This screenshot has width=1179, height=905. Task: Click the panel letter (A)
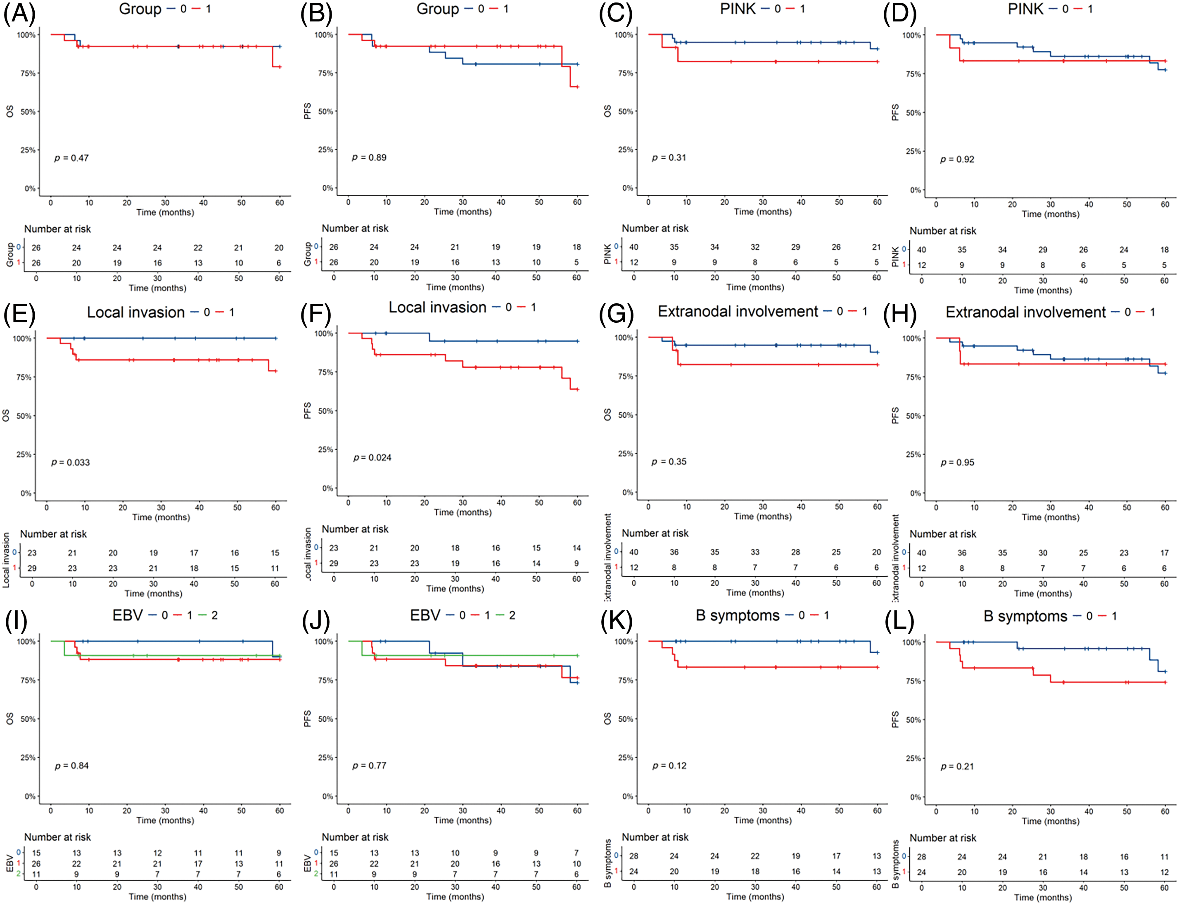point(19,14)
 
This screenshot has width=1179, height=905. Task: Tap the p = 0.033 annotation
point(71,463)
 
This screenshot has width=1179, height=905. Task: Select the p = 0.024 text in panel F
point(372,458)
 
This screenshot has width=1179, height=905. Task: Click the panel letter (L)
point(899,621)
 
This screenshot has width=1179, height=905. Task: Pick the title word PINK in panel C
point(738,9)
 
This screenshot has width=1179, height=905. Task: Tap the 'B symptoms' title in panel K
point(737,615)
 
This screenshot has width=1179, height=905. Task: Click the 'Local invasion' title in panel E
point(135,312)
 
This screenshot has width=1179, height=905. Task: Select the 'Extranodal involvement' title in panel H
point(1025,312)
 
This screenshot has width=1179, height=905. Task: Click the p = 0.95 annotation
point(957,463)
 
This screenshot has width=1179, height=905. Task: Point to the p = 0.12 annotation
point(669,766)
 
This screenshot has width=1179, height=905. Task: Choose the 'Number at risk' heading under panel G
point(655,533)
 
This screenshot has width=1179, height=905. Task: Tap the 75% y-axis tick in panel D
point(913,74)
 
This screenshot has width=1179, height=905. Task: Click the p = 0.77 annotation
point(369,766)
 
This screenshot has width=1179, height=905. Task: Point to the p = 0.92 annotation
point(957,159)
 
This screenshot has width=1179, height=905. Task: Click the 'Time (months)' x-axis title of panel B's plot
point(463,212)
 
